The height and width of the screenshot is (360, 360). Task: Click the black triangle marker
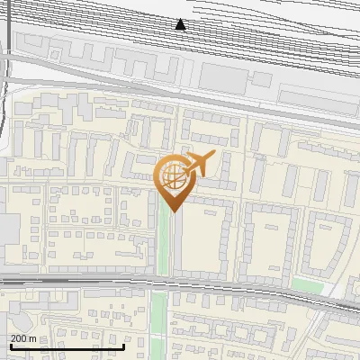[180, 24]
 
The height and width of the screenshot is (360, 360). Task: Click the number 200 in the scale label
[18, 338]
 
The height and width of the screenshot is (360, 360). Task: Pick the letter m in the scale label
[32, 338]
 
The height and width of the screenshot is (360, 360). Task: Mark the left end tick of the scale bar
[10, 346]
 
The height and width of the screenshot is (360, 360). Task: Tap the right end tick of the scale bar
[123, 346]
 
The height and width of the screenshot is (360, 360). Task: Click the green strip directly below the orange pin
[164, 243]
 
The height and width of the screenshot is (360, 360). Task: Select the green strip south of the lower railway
[158, 319]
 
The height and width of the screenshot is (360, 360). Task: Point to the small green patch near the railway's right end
[306, 285]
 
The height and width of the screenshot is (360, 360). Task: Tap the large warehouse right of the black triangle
[220, 77]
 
